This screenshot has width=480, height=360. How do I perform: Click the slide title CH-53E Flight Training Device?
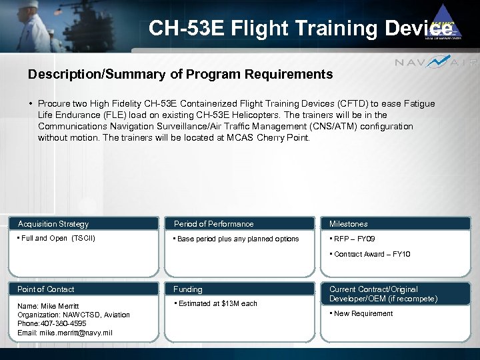(x=300, y=28)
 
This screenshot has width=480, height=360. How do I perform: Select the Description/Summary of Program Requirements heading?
(x=180, y=75)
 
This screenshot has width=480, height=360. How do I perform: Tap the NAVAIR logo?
(x=436, y=63)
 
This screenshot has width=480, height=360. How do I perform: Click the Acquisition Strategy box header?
(x=53, y=224)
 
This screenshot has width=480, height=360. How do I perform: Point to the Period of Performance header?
(x=213, y=224)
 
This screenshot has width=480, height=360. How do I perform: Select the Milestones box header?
(x=348, y=224)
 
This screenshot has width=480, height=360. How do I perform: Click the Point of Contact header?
(x=46, y=289)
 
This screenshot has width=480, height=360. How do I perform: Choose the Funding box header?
(x=188, y=289)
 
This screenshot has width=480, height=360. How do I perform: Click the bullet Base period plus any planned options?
(x=237, y=239)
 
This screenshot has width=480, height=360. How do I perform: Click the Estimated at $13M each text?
(x=217, y=303)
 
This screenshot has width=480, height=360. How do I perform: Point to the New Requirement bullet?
(x=364, y=313)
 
